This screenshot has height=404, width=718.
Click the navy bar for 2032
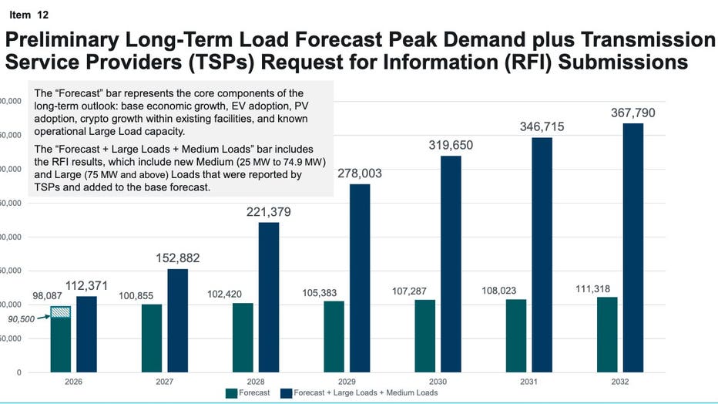pos(632,247)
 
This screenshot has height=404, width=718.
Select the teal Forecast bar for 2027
pos(152,338)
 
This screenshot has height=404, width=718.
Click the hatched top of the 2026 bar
pos(61,311)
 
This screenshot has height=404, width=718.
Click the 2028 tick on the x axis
pos(257,382)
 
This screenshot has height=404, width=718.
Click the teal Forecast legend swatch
pos(231,393)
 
